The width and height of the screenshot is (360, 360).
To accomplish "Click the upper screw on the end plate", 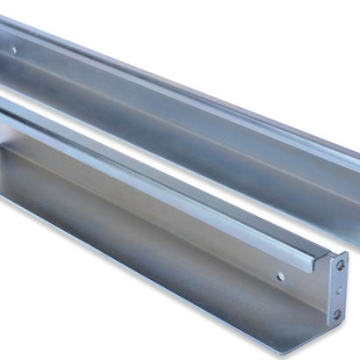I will pos(341,264).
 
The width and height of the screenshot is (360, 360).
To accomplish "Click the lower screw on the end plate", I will pos(337,313).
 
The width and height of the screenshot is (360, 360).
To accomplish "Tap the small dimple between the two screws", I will pos(339,289).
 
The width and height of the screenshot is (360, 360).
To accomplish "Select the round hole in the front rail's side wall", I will pos(280,276).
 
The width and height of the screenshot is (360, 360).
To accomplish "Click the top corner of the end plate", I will pos(346,253).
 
